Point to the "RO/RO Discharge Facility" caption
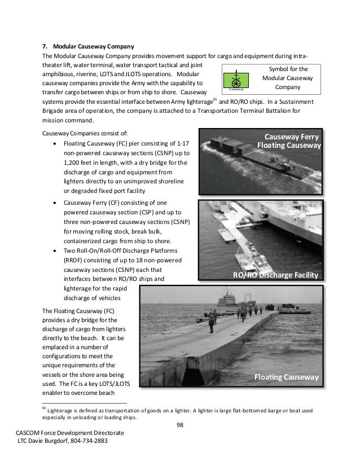coord(276,275)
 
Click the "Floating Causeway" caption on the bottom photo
coord(286,377)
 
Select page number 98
coord(179,424)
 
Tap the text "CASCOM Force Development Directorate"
coord(71,432)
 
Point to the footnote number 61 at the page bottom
coord(45,407)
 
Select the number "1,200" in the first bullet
coord(73,163)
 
